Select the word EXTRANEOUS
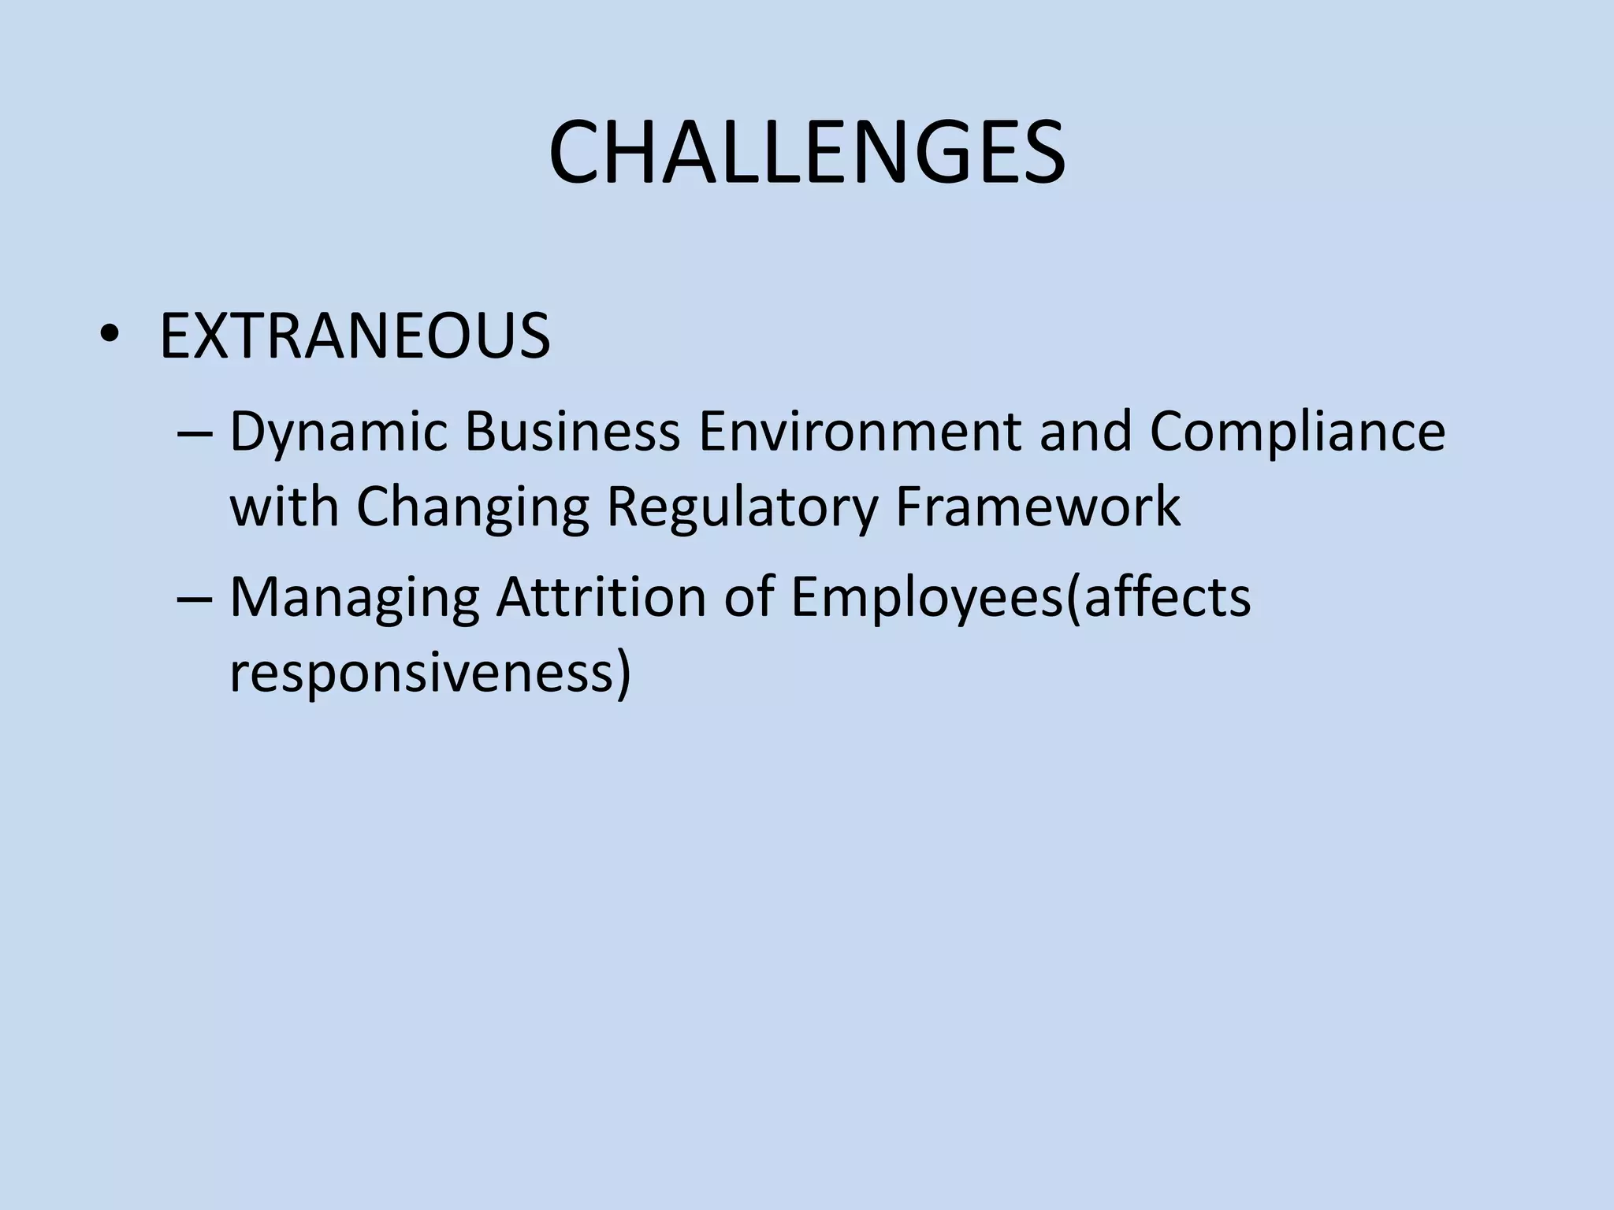coord(355,336)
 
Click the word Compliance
coord(1297,433)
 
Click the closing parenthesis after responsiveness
coord(623,674)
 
